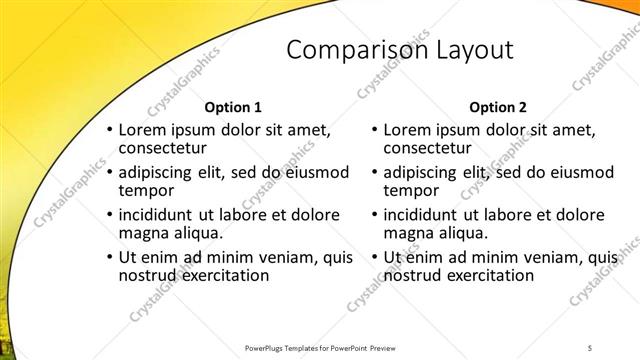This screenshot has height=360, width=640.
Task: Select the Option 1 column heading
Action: coord(233,107)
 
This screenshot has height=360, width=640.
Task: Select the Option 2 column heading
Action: coord(498,107)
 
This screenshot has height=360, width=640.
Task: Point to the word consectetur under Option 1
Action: coord(168,149)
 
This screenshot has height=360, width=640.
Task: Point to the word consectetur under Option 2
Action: coord(433,149)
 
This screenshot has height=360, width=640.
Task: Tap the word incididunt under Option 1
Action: coord(161,213)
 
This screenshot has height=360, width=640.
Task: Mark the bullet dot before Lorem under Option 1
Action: coord(109,130)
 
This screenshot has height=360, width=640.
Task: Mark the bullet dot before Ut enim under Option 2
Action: coord(374,256)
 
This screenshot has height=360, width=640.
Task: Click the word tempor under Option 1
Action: coord(146,190)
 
